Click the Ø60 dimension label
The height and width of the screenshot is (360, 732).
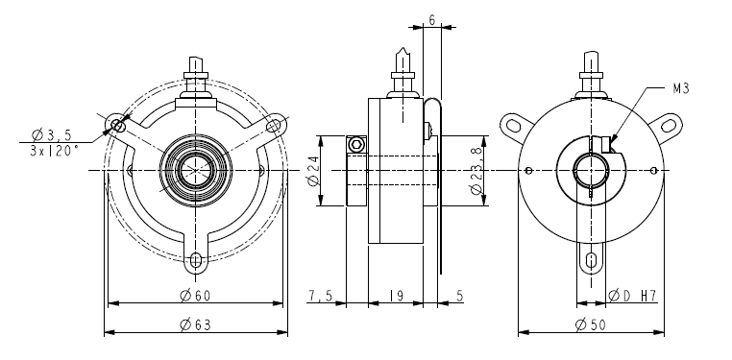(x=195, y=296)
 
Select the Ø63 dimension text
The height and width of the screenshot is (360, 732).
(x=195, y=324)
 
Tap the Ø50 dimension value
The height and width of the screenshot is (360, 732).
(x=591, y=324)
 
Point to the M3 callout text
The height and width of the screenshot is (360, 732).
(x=681, y=88)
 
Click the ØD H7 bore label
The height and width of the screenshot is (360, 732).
(x=632, y=296)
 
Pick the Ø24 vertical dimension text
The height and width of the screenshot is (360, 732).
(x=313, y=171)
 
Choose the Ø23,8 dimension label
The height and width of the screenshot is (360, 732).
(x=476, y=171)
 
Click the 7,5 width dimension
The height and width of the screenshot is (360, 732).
(x=320, y=296)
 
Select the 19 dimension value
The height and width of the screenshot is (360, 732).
(x=397, y=296)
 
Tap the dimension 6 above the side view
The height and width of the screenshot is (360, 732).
(x=432, y=20)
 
